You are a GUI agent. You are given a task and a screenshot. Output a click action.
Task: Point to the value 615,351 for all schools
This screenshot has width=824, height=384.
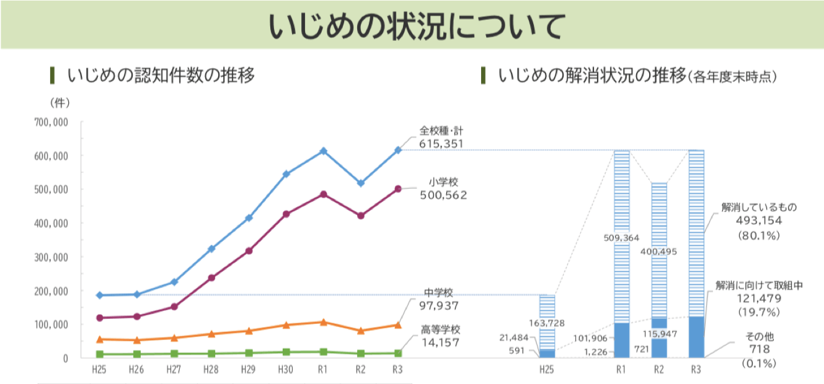point(441,143)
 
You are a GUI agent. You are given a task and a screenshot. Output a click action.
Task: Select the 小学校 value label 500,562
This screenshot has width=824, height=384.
point(441,195)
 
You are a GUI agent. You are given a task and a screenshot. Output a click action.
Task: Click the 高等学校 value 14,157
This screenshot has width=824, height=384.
point(438,341)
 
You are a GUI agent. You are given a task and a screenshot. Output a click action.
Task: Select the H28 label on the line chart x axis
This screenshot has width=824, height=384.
point(211,370)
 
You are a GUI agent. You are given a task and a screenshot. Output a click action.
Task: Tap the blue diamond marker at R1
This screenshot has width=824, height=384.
point(323,151)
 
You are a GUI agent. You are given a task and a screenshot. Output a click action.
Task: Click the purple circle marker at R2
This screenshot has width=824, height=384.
point(360,216)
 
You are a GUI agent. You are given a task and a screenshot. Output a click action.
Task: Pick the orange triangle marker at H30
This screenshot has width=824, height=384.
point(286,325)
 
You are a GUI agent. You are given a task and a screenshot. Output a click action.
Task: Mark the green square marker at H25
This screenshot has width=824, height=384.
point(99,354)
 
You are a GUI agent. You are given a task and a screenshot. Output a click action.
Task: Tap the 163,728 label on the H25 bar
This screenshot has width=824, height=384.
point(546,323)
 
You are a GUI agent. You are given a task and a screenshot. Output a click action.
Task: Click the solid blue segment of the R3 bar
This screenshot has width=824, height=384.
point(696,337)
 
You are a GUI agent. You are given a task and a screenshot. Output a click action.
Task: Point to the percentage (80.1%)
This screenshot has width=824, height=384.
point(758,235)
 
